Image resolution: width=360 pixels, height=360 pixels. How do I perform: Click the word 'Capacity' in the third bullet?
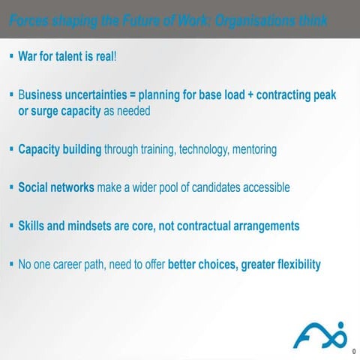(x=41, y=149)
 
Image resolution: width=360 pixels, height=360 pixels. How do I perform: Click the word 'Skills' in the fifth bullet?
(x=33, y=226)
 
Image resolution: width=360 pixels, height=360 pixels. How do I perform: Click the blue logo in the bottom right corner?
(x=319, y=334)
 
